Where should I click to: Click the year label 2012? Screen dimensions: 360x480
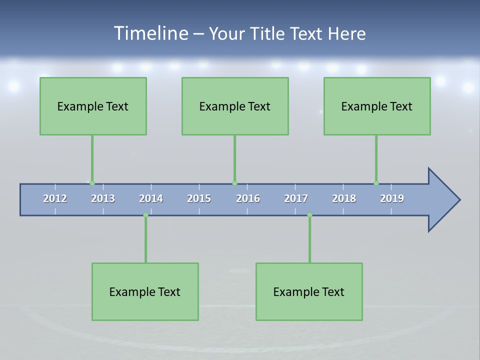tap(55, 198)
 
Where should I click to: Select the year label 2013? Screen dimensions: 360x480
tap(103, 198)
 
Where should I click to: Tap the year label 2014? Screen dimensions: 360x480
tap(151, 198)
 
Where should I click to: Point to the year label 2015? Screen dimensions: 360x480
tap(199, 198)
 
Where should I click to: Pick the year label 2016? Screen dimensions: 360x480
tap(248, 198)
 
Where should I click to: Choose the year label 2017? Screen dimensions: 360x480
tap(296, 198)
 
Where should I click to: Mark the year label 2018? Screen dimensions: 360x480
tap(344, 198)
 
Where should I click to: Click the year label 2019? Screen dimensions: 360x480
tap(392, 198)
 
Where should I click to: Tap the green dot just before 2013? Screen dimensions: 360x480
tap(92, 183)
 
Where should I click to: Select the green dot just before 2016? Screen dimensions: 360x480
tap(234, 183)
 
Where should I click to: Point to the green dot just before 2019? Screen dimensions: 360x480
tap(376, 183)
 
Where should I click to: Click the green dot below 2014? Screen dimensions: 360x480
tap(145, 215)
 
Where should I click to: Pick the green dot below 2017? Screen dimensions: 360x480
tap(309, 215)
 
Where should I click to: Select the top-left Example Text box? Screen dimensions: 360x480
tap(93, 106)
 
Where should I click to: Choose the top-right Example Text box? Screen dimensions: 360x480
tap(377, 106)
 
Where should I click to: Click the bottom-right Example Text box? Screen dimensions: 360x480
tap(309, 291)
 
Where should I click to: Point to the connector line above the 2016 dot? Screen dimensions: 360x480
tap(234, 159)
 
